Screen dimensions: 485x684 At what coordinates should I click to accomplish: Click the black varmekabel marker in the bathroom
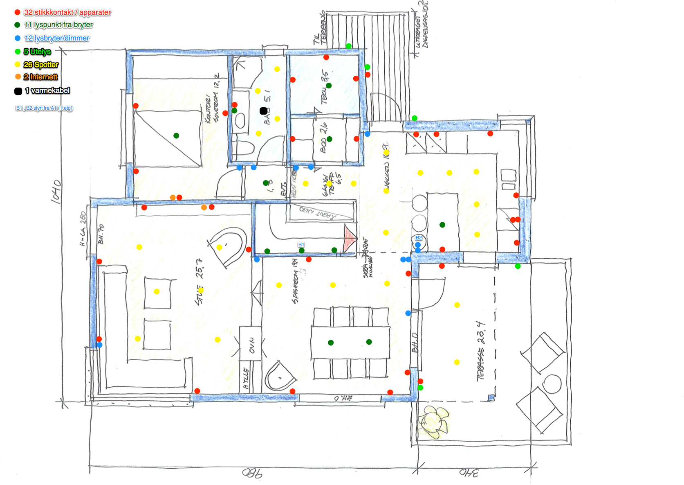pyautogui.click(x=264, y=111)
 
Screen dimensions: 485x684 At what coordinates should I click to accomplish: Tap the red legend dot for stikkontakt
pyautogui.click(x=18, y=12)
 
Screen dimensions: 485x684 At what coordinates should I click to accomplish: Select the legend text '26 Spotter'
pyautogui.click(x=41, y=65)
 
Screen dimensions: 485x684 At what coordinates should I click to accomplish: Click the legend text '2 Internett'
pyautogui.click(x=40, y=77)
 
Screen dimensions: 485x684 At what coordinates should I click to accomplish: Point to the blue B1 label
pyautogui.click(x=301, y=245)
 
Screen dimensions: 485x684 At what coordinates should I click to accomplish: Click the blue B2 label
pyautogui.click(x=419, y=238)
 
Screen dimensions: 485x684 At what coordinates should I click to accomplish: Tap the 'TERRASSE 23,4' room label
pyautogui.click(x=481, y=351)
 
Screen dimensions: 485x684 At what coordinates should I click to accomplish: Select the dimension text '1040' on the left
pyautogui.click(x=56, y=191)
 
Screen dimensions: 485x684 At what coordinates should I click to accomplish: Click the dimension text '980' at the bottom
pyautogui.click(x=252, y=474)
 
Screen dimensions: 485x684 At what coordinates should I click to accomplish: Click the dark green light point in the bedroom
pyautogui.click(x=176, y=135)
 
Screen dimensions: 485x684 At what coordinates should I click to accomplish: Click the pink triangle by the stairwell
pyautogui.click(x=350, y=239)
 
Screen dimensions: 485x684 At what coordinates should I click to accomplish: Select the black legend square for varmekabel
pyautogui.click(x=18, y=91)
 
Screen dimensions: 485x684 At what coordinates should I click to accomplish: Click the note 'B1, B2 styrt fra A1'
pyautogui.click(x=44, y=108)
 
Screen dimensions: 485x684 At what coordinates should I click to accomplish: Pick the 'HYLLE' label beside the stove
pyautogui.click(x=246, y=378)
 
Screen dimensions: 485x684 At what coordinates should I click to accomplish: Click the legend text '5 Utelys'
pyautogui.click(x=37, y=52)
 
